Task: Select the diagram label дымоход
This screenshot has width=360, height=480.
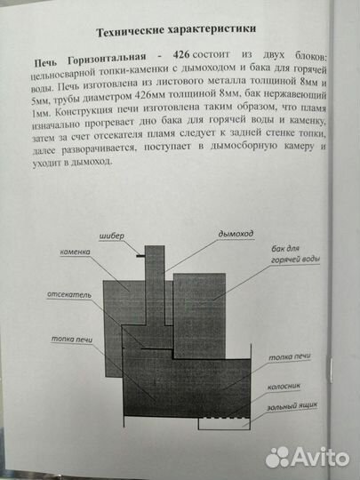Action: tap(236, 233)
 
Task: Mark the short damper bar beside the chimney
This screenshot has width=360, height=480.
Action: tap(142, 256)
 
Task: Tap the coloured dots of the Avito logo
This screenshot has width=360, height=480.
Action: tap(278, 456)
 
